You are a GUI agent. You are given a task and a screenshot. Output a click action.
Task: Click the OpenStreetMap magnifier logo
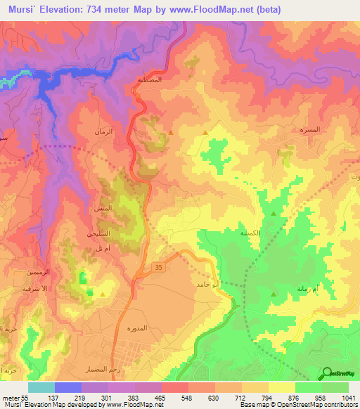[x=326, y=373]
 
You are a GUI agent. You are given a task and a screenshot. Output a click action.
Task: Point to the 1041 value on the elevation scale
[x=348, y=397]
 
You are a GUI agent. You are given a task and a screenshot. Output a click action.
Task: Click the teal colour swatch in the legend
[x=41, y=387]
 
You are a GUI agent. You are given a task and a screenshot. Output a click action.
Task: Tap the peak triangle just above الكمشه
[x=274, y=214]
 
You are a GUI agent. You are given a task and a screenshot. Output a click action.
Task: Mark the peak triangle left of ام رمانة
[x=274, y=294]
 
